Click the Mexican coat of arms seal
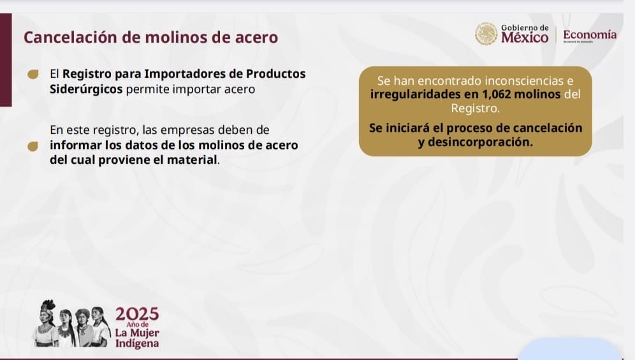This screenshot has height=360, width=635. [x=486, y=34]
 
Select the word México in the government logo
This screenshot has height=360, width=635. [x=525, y=38]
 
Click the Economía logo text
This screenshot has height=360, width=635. [x=590, y=34]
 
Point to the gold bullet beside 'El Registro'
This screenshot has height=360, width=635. [x=33, y=74]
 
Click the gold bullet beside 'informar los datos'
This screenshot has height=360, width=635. [x=33, y=146]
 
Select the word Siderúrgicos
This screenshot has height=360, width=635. [x=86, y=89]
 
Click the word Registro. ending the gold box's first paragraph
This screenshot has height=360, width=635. [x=476, y=108]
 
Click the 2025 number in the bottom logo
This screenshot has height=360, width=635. [x=137, y=314]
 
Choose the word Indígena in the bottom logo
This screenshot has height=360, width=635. [x=137, y=344]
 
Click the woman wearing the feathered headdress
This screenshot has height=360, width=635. [x=46, y=323]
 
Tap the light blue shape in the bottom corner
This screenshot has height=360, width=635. [x=569, y=349]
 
